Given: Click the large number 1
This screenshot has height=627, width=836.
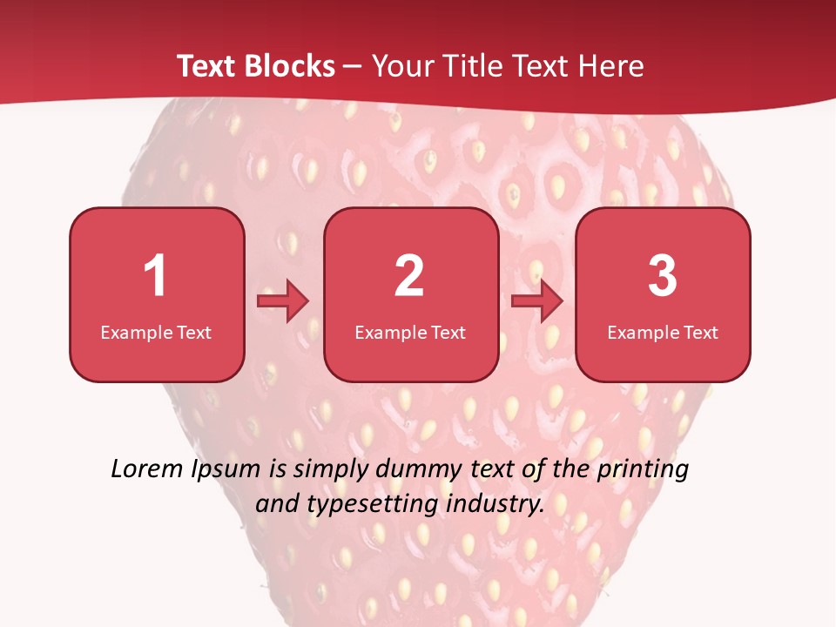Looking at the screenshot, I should point(155,276).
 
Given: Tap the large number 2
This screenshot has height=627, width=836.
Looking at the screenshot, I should point(409,276).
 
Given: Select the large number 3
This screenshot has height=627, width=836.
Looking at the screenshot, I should point(663,276).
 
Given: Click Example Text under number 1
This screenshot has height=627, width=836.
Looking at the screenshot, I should point(156,332).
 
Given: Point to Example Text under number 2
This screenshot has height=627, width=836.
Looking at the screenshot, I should point(410,332).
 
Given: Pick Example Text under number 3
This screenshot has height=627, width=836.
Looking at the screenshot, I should point(663,332).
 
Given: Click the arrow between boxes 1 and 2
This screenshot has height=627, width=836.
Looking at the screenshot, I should point(283,301).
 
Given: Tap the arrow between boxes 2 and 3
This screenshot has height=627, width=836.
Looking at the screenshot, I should point(537,301).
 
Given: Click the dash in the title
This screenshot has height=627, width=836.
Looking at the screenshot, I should point(353,67).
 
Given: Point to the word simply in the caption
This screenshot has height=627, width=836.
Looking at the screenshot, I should point(327,470).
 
